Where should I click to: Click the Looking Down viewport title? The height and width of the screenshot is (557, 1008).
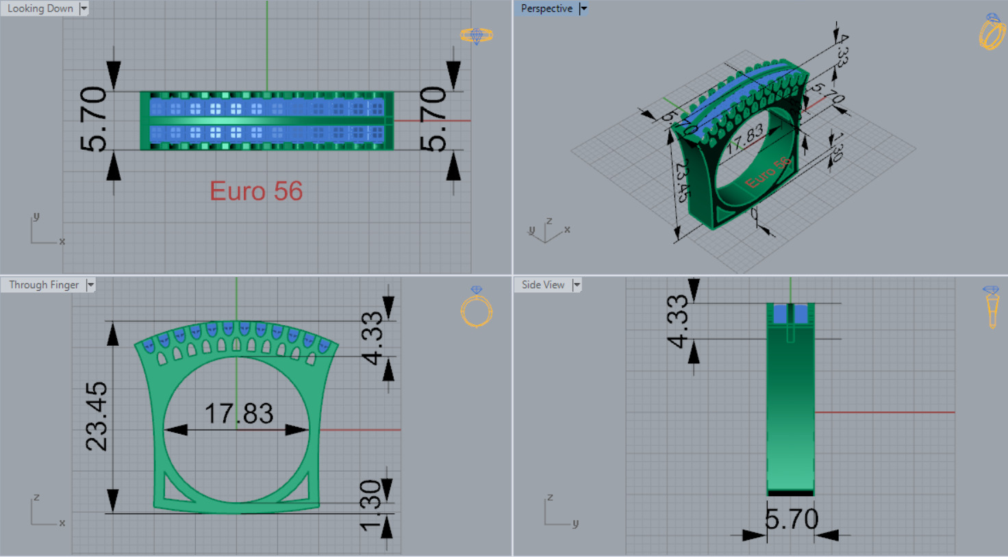tap(40, 9)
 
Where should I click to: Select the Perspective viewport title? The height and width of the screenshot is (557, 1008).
tap(546, 9)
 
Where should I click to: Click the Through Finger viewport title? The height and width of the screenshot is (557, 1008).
tap(44, 285)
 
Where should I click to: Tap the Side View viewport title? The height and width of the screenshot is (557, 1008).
tap(542, 285)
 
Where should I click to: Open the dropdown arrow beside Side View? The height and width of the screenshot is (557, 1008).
tap(577, 285)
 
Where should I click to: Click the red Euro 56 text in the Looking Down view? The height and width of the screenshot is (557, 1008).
tap(256, 192)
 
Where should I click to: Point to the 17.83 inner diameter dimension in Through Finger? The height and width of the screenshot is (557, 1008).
tap(239, 414)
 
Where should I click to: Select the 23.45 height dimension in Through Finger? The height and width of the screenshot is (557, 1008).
tap(97, 416)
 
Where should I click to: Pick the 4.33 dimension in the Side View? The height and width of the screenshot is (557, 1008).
tap(677, 321)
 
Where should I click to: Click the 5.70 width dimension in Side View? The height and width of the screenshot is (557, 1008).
tap(792, 519)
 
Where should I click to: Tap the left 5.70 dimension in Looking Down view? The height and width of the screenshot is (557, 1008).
tap(94, 119)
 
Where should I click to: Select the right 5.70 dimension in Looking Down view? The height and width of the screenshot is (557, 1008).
tap(433, 119)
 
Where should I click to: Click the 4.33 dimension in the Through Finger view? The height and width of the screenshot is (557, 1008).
tap(372, 338)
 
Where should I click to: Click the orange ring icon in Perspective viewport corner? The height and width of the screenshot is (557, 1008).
tap(991, 32)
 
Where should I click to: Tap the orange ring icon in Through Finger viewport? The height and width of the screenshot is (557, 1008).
tap(476, 309)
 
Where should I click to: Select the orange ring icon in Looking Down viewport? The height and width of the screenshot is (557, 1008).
tap(476, 35)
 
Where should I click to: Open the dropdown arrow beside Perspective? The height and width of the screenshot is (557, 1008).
tap(583, 9)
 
